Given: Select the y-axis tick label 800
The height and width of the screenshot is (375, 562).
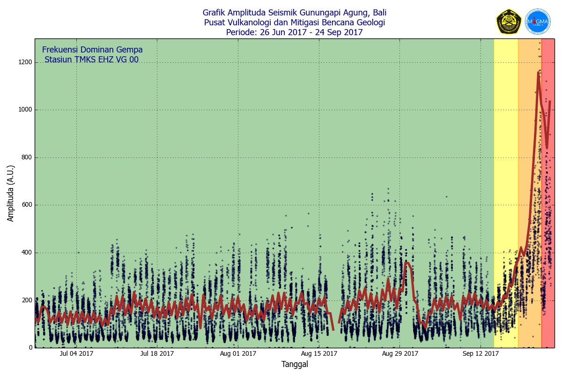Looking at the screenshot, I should pos(26,157).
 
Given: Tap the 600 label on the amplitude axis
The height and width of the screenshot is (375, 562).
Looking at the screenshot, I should pos(26,205).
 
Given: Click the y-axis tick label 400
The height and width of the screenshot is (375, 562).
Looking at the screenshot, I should pos(26,253).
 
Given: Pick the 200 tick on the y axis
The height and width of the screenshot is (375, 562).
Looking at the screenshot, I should pos(26,300).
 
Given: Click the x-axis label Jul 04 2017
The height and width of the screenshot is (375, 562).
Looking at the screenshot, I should pos(76,353).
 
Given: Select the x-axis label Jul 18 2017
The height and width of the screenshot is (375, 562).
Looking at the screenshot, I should pos(157,353).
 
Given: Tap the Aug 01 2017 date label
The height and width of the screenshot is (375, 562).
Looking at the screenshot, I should pos(238,353).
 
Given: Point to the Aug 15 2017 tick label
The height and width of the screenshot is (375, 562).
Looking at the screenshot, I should pos(319,353).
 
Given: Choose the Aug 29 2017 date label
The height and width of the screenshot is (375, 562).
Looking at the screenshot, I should pos(400,353).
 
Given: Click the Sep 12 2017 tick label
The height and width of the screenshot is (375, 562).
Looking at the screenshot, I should pos(481,353).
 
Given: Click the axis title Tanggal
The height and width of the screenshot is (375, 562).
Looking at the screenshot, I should pos(295,364).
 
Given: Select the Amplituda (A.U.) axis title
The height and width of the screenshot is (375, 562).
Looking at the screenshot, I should pos(11,193).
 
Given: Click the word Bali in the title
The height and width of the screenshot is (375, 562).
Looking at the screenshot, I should pos(379,13).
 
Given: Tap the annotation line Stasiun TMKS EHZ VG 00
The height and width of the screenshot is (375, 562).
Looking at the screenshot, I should pos(91,60).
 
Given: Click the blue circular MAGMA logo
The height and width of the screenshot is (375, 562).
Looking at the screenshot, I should pos(538,22).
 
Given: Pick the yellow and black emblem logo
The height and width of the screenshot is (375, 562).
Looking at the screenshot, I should pos(509,22).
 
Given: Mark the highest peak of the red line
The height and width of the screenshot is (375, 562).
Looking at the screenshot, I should pos(539,72).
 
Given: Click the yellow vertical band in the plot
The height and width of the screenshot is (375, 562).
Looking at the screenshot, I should pos(506,187).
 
